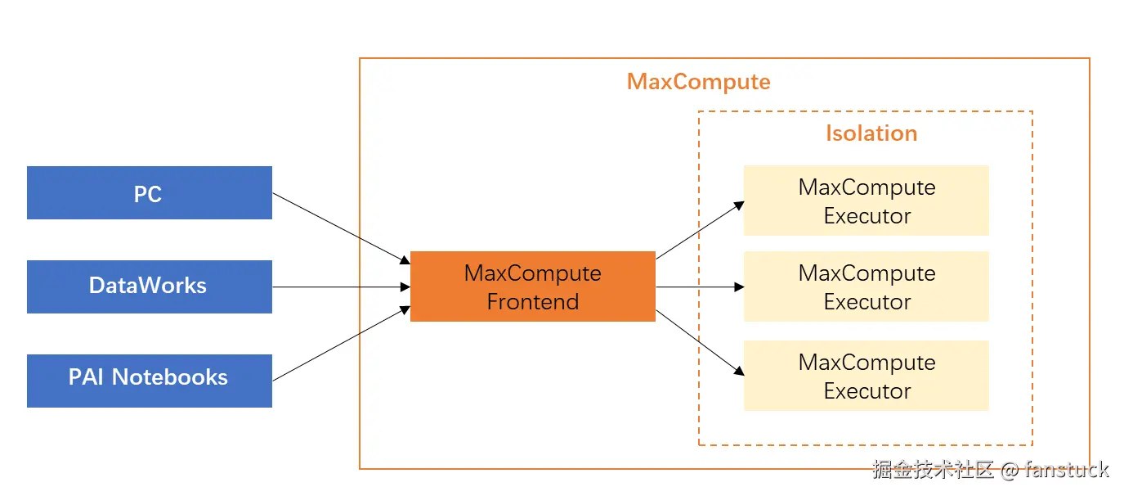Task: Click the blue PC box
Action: click(x=149, y=193)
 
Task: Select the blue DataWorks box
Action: click(x=149, y=286)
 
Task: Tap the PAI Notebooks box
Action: click(x=149, y=381)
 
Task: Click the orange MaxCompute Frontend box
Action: click(x=532, y=286)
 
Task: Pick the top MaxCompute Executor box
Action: click(x=866, y=201)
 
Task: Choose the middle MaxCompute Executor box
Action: click(x=866, y=286)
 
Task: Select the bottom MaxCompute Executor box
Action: click(x=866, y=376)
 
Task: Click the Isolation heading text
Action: click(x=871, y=133)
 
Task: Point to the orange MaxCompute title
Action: click(x=698, y=82)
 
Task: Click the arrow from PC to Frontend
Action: click(x=340, y=228)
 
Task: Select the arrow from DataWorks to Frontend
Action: click(x=340, y=287)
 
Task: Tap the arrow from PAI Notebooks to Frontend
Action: click(x=340, y=344)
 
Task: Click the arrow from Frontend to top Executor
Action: click(x=700, y=230)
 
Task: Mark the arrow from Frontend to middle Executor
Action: click(x=700, y=287)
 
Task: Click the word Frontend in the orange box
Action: click(x=532, y=302)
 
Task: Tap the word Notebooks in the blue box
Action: click(x=170, y=377)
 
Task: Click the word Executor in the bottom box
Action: click(x=867, y=391)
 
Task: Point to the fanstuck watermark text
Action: click(x=1066, y=470)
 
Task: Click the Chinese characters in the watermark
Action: click(x=933, y=470)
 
